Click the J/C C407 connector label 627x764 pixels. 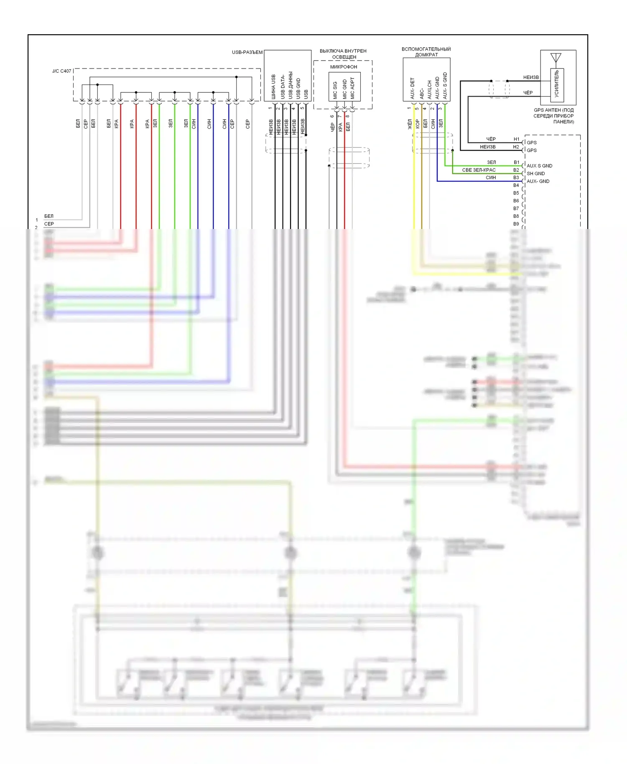[x=61, y=71]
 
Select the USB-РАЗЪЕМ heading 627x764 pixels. [x=247, y=52]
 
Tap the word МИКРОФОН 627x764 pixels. [x=344, y=67]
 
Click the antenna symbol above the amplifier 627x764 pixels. [x=556, y=58]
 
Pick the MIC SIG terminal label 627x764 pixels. [x=335, y=90]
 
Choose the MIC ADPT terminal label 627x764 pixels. [x=352, y=88]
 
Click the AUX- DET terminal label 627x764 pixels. [x=412, y=88]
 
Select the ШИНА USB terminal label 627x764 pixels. [x=273, y=87]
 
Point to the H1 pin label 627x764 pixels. [x=517, y=139]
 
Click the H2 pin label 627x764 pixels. [x=516, y=147]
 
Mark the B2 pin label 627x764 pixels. [x=516, y=170]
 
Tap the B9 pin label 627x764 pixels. [x=516, y=224]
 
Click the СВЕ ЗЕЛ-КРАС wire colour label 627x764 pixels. [x=479, y=170]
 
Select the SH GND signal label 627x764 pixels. [x=535, y=173]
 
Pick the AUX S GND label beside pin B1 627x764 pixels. [x=539, y=166]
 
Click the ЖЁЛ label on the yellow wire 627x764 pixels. [x=410, y=124]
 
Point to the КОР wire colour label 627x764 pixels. [x=417, y=124]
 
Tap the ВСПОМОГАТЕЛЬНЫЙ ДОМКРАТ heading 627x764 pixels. [x=426, y=52]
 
